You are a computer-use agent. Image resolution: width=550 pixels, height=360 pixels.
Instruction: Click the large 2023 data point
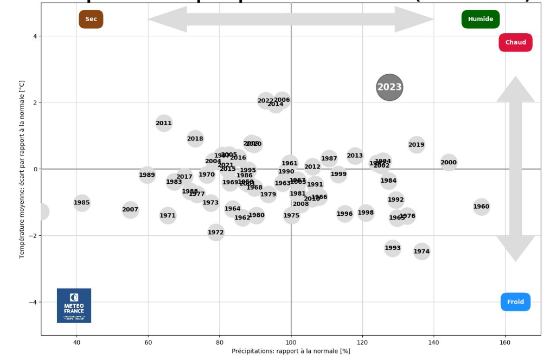(x=389, y=87)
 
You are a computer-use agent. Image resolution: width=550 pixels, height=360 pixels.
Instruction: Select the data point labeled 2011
(x=164, y=123)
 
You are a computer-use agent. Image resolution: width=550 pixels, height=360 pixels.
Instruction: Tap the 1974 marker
(x=421, y=251)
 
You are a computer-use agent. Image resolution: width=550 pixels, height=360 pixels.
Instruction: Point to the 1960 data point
(x=481, y=207)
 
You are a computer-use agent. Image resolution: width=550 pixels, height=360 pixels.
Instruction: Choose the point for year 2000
(x=449, y=162)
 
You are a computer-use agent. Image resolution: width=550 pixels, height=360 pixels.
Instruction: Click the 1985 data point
(x=82, y=203)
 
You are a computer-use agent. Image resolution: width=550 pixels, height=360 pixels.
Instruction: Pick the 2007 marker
(x=130, y=210)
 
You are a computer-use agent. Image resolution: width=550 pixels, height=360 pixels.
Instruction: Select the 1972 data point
(x=216, y=233)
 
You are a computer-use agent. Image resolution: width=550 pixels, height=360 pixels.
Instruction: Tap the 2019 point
(x=416, y=145)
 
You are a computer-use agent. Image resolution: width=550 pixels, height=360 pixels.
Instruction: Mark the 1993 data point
(x=393, y=248)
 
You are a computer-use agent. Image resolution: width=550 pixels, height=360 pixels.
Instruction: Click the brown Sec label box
(x=91, y=20)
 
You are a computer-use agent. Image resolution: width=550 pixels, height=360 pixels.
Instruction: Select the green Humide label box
(x=481, y=20)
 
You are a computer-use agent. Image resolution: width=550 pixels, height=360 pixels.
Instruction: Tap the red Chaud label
(x=515, y=43)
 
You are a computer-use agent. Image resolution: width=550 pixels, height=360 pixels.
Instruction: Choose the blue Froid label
(x=515, y=302)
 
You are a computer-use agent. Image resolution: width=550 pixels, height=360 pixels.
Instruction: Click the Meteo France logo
(x=74, y=306)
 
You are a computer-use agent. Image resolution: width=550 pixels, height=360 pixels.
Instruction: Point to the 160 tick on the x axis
(x=506, y=342)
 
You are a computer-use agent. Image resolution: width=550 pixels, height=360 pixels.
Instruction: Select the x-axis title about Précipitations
(x=291, y=351)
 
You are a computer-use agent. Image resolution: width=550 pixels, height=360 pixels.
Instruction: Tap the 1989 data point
(x=147, y=175)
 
